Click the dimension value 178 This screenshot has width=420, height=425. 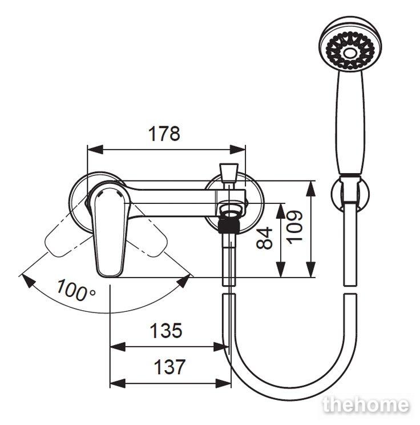click(164, 133)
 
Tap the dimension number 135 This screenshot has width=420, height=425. click(165, 330)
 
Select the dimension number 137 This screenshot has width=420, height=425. click(169, 367)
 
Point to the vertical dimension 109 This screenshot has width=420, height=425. click(294, 227)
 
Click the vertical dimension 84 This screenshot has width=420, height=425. click(265, 238)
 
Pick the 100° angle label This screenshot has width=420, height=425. click(76, 290)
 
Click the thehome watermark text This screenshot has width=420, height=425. click(366, 405)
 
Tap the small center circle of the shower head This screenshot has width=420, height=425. click(350, 53)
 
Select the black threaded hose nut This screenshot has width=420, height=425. click(229, 226)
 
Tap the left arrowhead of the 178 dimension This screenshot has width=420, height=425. click(95, 149)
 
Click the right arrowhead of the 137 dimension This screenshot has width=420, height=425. click(223, 383)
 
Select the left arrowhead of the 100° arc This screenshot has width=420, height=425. click(29, 281)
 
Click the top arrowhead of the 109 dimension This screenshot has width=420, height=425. click(311, 189)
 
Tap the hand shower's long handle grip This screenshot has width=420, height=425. click(350, 122)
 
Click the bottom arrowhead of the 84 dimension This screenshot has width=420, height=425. click(281, 270)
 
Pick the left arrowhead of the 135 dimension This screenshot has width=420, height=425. click(118, 347)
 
